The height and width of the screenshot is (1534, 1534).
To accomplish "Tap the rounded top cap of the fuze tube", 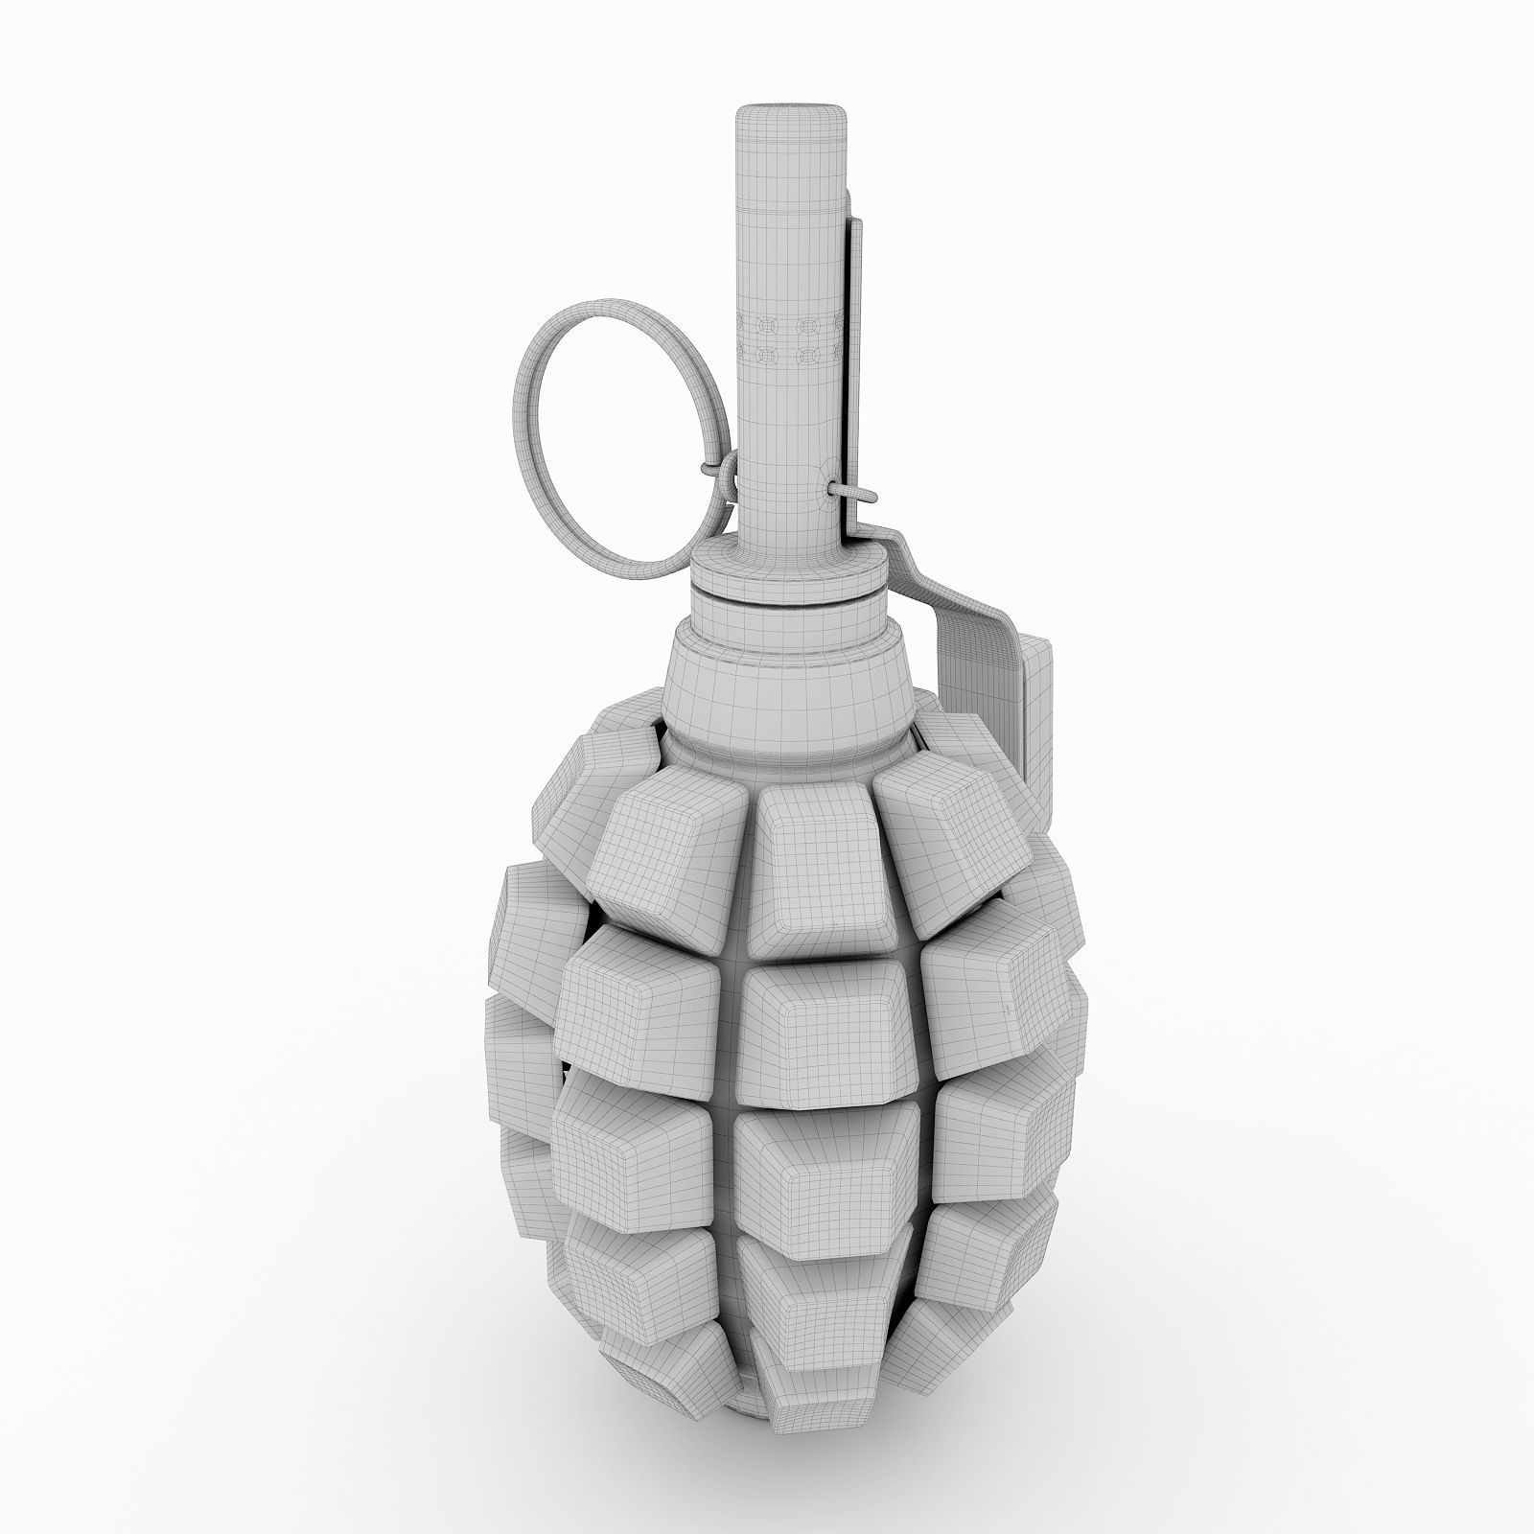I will click(792, 120).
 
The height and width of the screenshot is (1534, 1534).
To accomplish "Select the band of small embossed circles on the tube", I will click(791, 340).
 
